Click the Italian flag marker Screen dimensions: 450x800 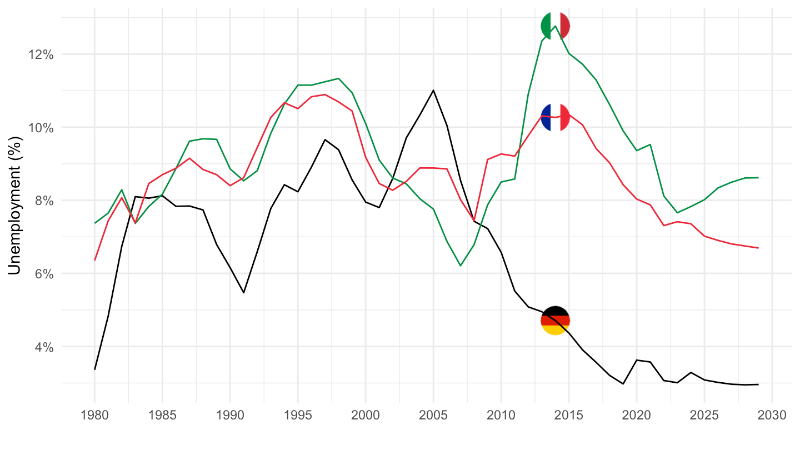click(555, 26)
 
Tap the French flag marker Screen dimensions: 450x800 click(555, 117)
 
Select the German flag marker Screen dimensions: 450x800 click(555, 320)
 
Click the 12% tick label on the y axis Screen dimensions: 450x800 click(41, 54)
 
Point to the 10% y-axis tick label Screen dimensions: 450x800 click(41, 128)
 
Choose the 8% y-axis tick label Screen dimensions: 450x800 click(43, 201)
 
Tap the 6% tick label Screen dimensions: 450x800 click(43, 274)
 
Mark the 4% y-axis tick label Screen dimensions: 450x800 click(43, 347)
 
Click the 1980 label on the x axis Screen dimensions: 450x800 click(94, 416)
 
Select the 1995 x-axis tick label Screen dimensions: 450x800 click(298, 416)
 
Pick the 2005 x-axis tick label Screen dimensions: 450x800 click(433, 416)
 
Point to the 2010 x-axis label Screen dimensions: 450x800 click(501, 416)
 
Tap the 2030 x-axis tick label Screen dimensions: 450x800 click(772, 416)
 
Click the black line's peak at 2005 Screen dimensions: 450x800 click(433, 90)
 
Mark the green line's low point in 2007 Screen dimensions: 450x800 click(461, 266)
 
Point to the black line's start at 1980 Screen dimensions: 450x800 click(94, 369)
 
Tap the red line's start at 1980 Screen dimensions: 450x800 click(94, 260)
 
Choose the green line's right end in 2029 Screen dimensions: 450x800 click(758, 178)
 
